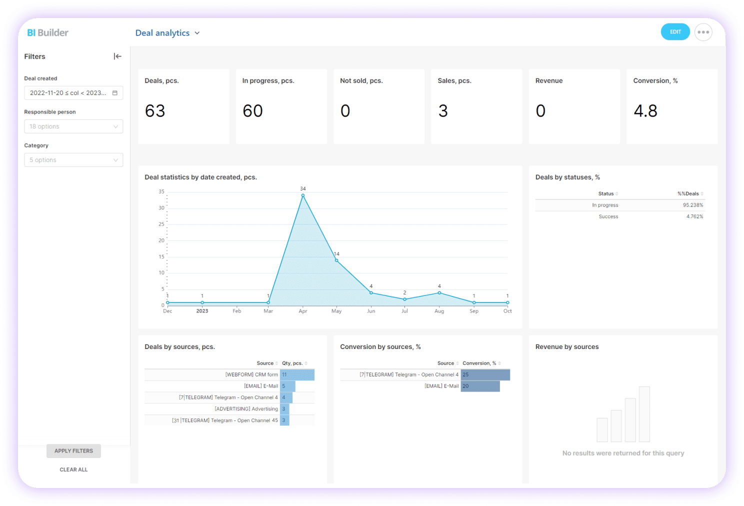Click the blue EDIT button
coord(675,32)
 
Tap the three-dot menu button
coord(703,32)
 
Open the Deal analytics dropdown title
coord(167,33)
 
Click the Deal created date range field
coord(73,93)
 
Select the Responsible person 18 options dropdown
coord(73,126)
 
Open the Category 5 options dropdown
coord(73,160)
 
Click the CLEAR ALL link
coord(73,469)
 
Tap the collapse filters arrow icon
coord(117,56)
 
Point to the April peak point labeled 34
coord(303,195)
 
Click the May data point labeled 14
coord(336,260)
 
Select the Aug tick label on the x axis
coord(439,311)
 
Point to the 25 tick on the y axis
coord(161,224)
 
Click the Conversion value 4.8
coord(645,111)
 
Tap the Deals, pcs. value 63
coord(155,111)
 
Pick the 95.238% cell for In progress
coord(692,205)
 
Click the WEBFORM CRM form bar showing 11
coord(297,374)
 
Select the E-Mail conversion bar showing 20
coord(480,386)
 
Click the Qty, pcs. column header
coord(292,363)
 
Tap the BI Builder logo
coord(47,33)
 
